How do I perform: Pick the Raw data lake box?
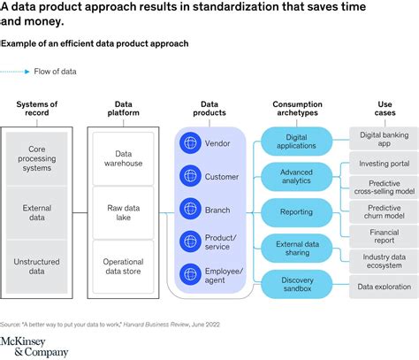pyautogui.click(x=125, y=213)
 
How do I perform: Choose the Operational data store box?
pyautogui.click(x=125, y=266)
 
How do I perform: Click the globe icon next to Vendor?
pyautogui.click(x=190, y=142)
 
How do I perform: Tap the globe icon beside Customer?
pyautogui.click(x=190, y=175)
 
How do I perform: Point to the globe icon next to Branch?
pyautogui.click(x=190, y=208)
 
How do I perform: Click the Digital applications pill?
pyautogui.click(x=296, y=142)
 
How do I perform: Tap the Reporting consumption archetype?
pyautogui.click(x=296, y=212)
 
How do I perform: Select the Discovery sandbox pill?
pyautogui.click(x=296, y=283)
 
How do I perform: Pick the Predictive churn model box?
pyautogui.click(x=384, y=213)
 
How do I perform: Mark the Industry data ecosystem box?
pyautogui.click(x=384, y=263)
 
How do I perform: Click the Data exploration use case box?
pyautogui.click(x=384, y=287)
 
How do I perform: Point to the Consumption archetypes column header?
pyautogui.click(x=296, y=110)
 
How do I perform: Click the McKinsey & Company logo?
pyautogui.click(x=34, y=346)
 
